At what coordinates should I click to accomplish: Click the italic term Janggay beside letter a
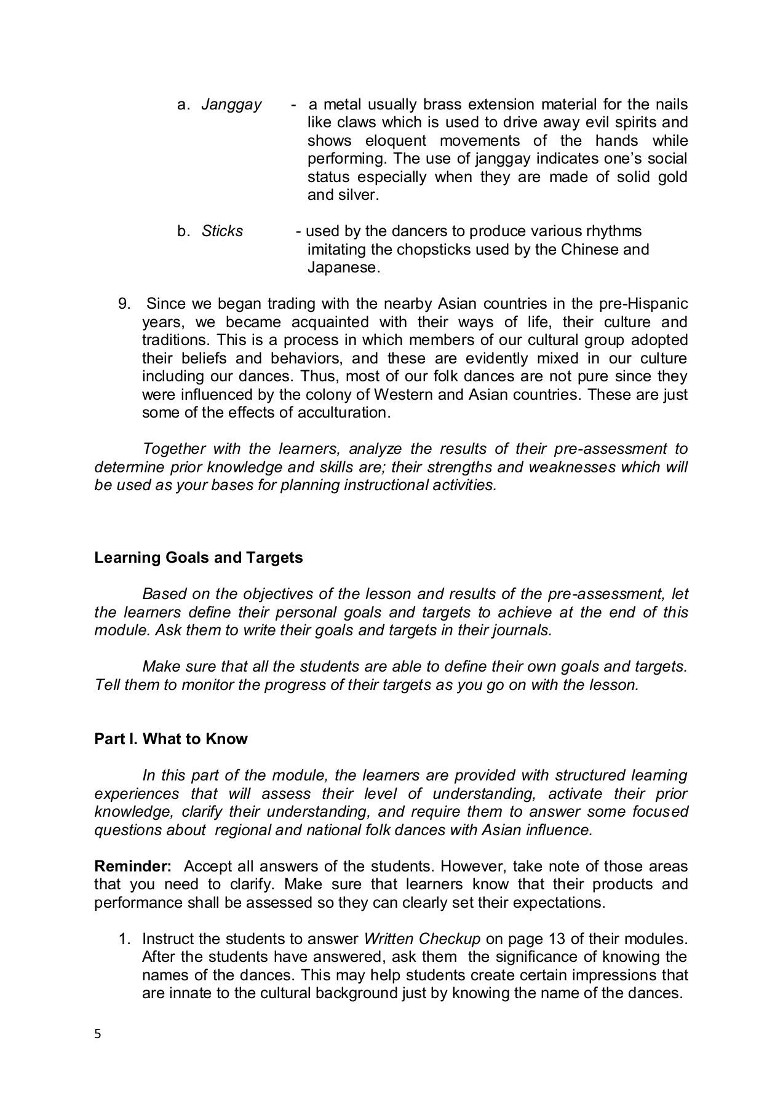pos(231,105)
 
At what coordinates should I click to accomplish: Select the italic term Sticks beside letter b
pos(222,232)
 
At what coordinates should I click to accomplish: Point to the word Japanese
pos(343,268)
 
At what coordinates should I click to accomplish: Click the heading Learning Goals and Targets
pos(198,558)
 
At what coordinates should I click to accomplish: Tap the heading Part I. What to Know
pos(170,739)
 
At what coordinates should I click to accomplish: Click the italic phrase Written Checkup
pos(421,939)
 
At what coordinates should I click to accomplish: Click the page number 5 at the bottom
pos(97,1034)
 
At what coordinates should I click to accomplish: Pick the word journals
pos(522,631)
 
